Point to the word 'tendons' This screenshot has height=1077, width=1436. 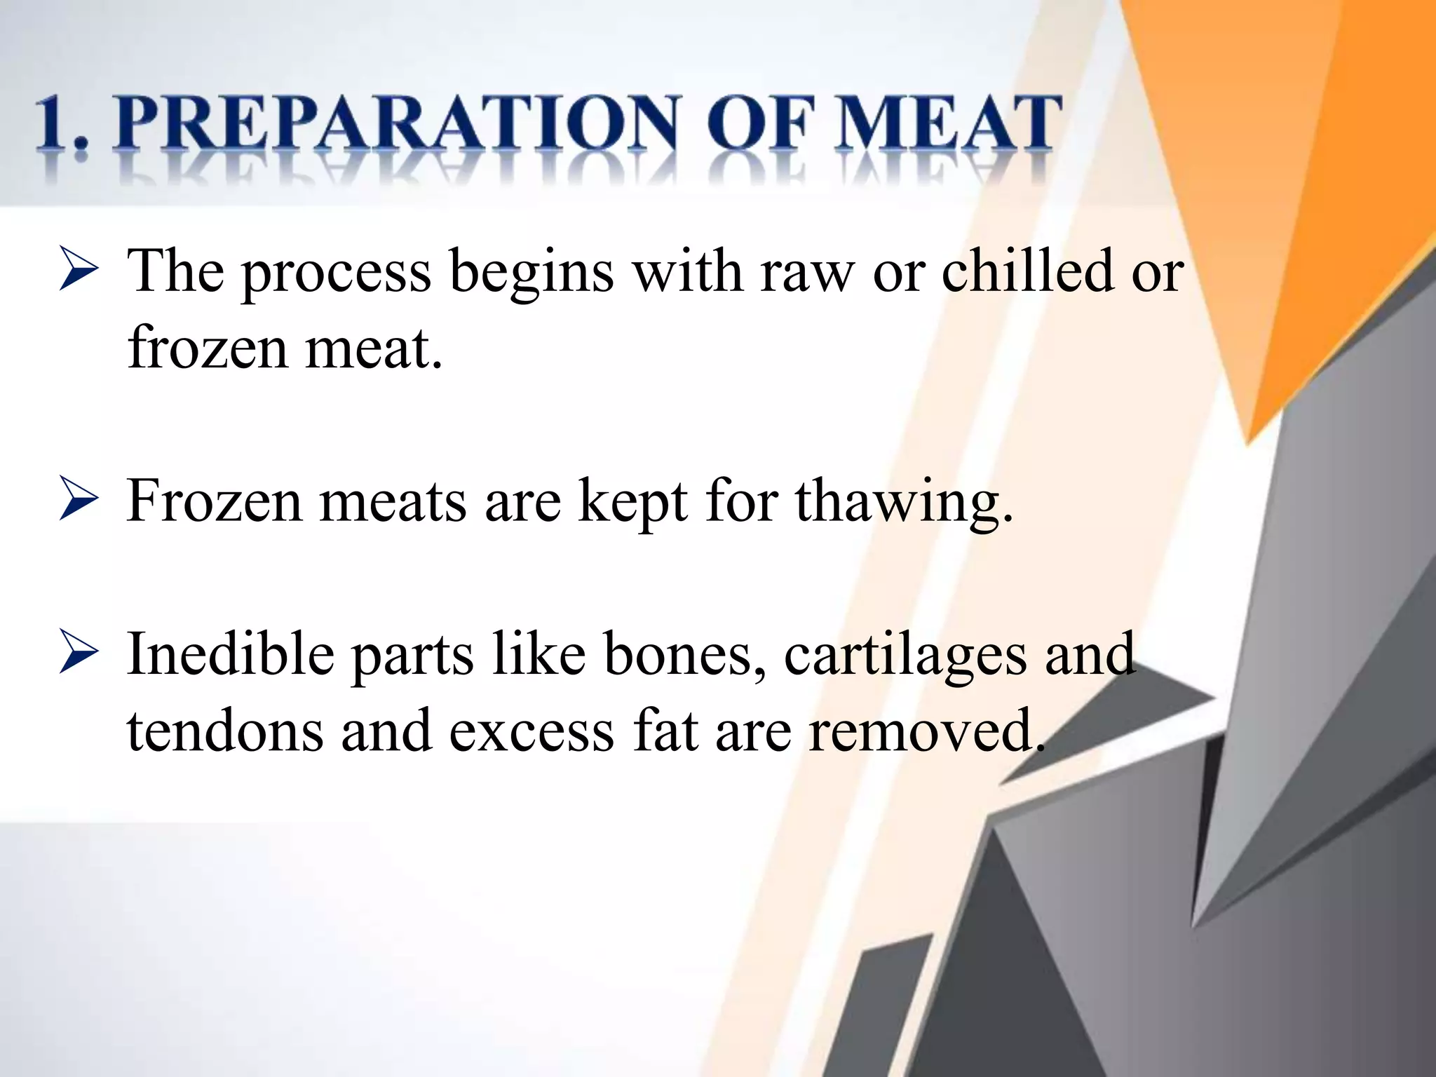225,731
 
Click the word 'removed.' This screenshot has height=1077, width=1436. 926,731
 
